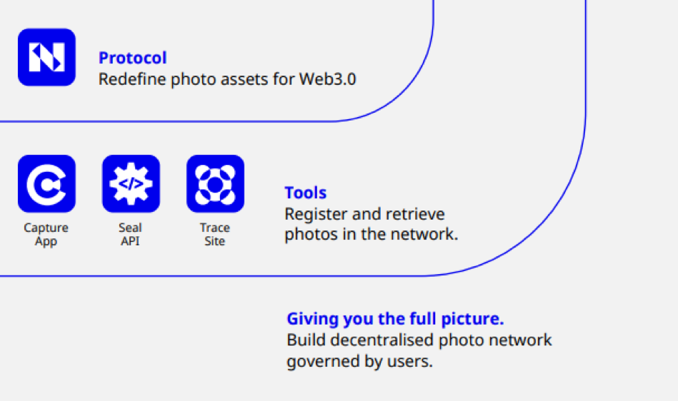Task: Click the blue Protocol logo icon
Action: click(46, 57)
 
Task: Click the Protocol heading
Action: click(133, 58)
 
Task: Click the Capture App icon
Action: click(46, 184)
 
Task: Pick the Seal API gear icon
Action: click(131, 184)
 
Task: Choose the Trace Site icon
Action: click(215, 184)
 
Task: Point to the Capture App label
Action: click(46, 235)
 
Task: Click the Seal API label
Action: click(130, 235)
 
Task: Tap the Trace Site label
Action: click(215, 235)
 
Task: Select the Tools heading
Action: click(306, 193)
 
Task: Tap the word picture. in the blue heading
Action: click(477, 319)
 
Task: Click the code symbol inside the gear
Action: click(131, 183)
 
